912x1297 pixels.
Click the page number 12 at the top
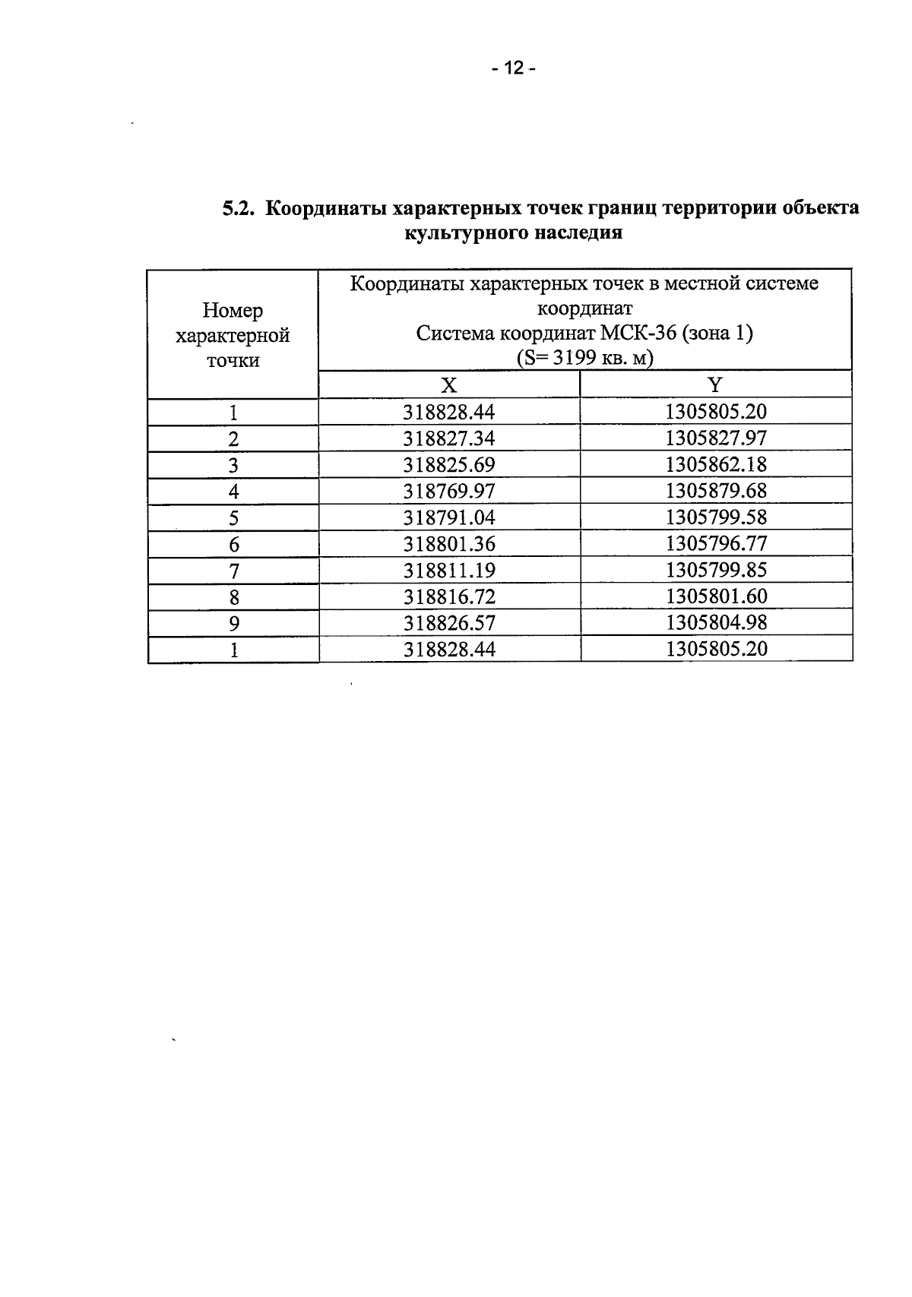(x=513, y=69)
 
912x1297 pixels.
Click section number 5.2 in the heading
(x=237, y=208)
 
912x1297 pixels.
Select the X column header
(x=449, y=385)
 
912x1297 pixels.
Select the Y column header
(x=715, y=384)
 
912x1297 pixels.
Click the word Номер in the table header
(x=233, y=311)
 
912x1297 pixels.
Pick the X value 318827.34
(x=448, y=438)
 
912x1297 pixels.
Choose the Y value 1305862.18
(x=716, y=464)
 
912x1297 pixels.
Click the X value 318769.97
(x=448, y=491)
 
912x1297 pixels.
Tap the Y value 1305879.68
(x=716, y=491)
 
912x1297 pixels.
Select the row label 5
(x=233, y=518)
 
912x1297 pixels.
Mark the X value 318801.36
(x=448, y=544)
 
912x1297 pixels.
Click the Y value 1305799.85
(x=716, y=570)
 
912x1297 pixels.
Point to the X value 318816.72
(x=448, y=596)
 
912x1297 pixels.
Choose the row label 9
(x=233, y=624)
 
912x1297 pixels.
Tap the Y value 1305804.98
(x=716, y=622)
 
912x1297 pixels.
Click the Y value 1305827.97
(x=716, y=438)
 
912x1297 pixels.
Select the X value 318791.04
(x=448, y=517)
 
